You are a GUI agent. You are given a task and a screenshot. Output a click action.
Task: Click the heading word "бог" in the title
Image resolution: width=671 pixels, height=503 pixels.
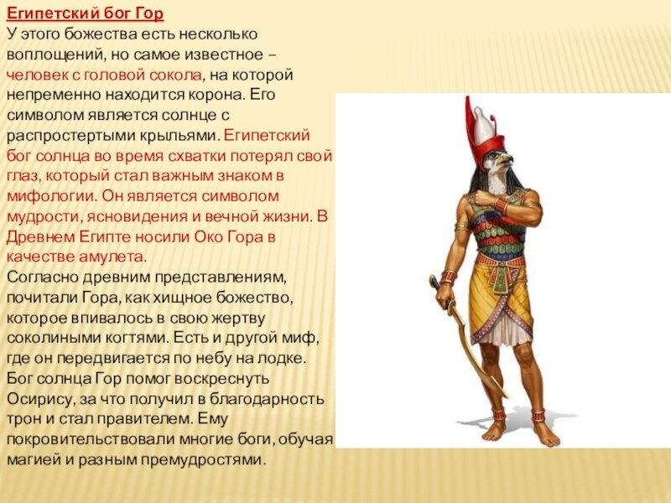click(x=112, y=13)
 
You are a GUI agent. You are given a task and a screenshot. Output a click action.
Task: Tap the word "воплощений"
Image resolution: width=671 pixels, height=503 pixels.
click(x=55, y=54)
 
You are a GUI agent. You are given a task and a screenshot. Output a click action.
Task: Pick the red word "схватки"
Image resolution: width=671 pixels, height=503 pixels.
click(x=197, y=156)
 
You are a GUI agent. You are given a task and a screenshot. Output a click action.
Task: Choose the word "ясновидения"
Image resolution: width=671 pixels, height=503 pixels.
click(x=137, y=217)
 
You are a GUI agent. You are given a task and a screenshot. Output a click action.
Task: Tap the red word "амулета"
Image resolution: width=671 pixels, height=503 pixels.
click(x=112, y=257)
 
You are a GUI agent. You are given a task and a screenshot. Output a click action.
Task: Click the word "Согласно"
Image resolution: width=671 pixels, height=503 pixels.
click(x=42, y=277)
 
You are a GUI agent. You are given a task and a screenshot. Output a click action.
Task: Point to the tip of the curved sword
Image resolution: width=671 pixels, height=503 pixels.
click(x=507, y=397)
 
